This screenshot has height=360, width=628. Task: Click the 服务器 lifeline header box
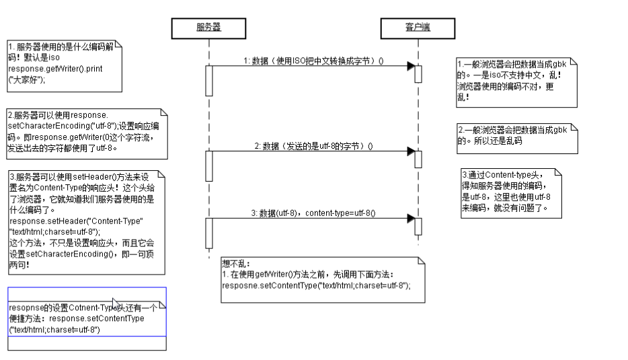208,28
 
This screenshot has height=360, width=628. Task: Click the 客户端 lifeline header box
418,28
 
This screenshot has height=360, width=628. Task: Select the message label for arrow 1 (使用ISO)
313,61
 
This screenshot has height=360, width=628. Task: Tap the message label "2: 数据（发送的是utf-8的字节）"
313,145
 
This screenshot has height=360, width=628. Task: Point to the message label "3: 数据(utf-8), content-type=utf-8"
313,213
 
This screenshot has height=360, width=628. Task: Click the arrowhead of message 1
410,66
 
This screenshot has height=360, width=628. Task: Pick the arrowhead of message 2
410,151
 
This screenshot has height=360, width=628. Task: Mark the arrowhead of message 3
410,219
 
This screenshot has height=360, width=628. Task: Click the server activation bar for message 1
209,80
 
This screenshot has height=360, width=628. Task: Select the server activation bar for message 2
209,166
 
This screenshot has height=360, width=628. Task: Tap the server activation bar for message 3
209,232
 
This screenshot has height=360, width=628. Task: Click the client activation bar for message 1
418,73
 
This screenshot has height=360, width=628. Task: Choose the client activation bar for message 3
418,225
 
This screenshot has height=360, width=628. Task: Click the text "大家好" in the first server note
28,79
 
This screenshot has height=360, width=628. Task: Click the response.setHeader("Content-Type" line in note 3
77,221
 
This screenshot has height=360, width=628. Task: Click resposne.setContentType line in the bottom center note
316,285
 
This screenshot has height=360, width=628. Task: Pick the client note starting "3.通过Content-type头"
508,190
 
